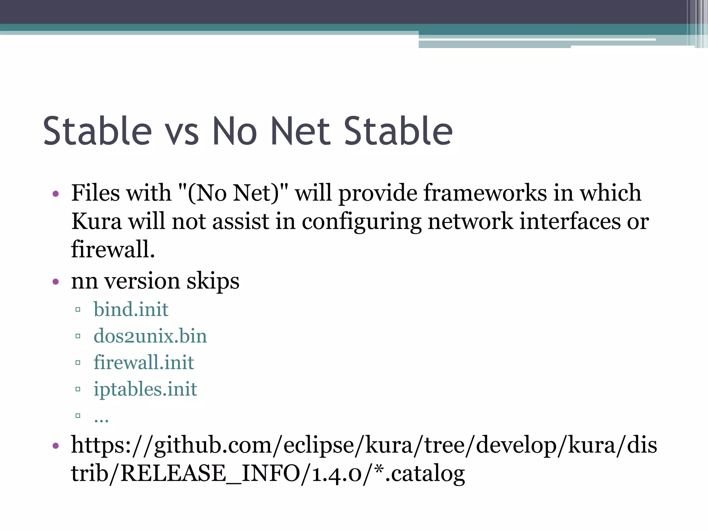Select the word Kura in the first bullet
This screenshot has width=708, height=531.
point(96,221)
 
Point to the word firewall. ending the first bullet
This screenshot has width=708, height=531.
point(113,249)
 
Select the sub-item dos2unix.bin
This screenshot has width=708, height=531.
point(150,336)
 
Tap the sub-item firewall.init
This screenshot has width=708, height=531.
point(144,362)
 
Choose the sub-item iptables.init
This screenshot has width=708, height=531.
point(145,389)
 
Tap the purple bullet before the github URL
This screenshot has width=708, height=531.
point(56,446)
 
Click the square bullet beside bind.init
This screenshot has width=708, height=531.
point(78,309)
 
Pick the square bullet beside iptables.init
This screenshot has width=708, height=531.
point(78,389)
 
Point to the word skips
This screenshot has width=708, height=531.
point(213,281)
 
